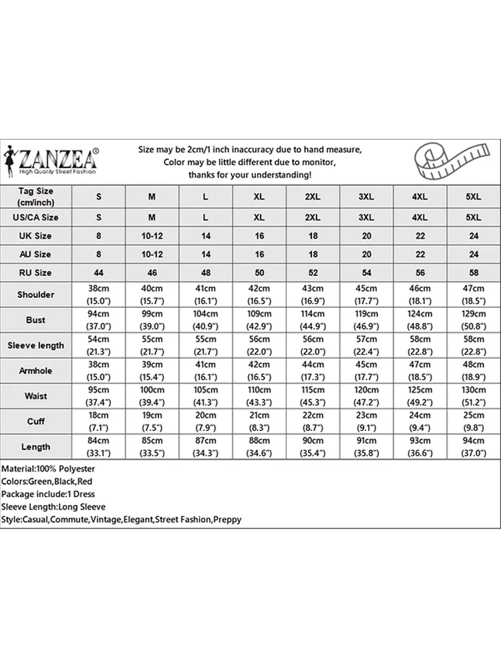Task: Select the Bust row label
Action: pos(36,320)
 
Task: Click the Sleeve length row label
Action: pos(36,345)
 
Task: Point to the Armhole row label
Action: pos(36,371)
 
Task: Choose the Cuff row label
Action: pos(36,422)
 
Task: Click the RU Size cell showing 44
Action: pos(99,273)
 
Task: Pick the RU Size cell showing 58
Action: pos(473,273)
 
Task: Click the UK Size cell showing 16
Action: pos(259,236)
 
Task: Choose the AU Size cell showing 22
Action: pos(420,255)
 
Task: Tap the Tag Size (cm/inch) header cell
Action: pos(36,196)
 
